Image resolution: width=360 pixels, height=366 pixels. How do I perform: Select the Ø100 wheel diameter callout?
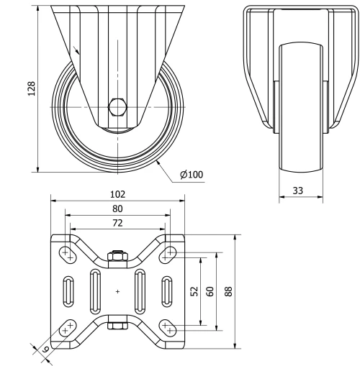click(191, 175)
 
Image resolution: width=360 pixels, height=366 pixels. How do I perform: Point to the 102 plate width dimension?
click(117, 194)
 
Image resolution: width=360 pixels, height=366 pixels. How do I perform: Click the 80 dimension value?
click(117, 209)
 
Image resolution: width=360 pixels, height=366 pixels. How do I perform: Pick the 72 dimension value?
click(117, 223)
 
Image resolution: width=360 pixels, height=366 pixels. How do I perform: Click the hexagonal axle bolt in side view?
click(117, 107)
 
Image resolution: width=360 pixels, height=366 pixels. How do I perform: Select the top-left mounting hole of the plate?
click(66, 253)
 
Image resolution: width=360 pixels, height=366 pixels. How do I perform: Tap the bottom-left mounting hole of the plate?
click(66, 329)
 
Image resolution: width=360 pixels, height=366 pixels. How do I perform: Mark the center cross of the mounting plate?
click(117, 291)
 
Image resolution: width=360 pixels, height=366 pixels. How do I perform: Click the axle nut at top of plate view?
click(117, 257)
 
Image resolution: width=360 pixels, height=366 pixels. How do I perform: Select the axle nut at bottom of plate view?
click(117, 326)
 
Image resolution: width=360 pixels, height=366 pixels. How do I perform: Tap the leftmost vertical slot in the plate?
click(68, 290)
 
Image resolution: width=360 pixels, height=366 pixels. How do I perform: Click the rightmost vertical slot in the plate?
click(166, 290)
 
